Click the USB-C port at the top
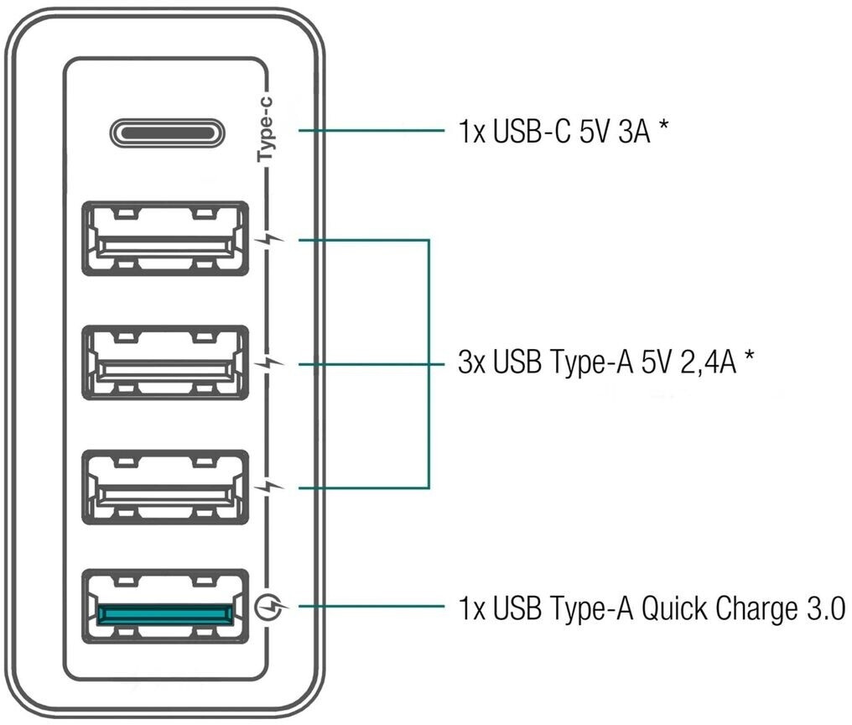165,131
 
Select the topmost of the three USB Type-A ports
165,238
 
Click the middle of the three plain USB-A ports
165,362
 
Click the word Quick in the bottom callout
676,607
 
